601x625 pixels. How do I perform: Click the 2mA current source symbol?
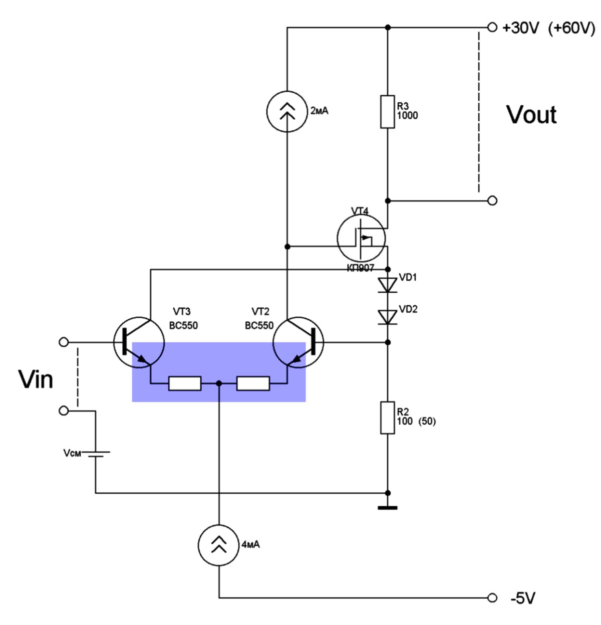tap(286, 111)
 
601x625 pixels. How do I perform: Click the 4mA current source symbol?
tap(218, 545)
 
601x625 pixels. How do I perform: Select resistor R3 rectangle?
tap(387, 111)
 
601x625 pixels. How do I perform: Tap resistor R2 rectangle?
tap(387, 418)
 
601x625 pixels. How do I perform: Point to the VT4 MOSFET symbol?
tap(361, 238)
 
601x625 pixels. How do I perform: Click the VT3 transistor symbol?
tap(139, 342)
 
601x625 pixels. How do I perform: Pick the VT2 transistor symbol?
tap(298, 342)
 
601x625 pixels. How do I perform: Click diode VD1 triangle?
tap(387, 285)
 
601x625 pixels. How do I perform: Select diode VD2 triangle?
tap(387, 317)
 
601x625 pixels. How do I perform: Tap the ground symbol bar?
tap(387, 508)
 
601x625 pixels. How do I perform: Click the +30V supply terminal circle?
tap(492, 27)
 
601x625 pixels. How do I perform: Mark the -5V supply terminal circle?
tap(492, 598)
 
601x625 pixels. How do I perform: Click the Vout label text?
tap(531, 115)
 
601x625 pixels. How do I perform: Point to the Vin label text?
tap(35, 379)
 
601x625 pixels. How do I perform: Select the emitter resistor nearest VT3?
tap(185, 383)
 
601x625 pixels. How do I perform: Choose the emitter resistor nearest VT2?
tap(253, 383)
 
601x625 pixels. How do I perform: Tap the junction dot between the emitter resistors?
tap(219, 383)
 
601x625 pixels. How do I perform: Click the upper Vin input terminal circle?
tap(64, 342)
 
